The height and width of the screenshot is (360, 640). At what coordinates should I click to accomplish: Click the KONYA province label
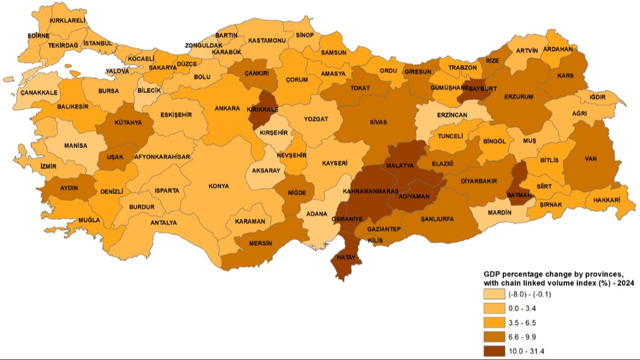point(219,186)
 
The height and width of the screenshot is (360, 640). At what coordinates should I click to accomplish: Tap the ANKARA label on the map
point(227,108)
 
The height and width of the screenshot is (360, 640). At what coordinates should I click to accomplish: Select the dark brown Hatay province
point(345,260)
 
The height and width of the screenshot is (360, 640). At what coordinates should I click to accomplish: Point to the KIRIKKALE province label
point(262,108)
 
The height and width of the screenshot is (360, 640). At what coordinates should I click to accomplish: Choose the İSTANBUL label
point(97,43)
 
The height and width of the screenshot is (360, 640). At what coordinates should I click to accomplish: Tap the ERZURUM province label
point(519,96)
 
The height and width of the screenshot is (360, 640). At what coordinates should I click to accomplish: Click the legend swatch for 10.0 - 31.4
point(494,350)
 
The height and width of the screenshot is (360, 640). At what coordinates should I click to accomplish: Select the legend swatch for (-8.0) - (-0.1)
point(494,294)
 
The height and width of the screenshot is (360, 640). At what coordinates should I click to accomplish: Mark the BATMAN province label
point(519,195)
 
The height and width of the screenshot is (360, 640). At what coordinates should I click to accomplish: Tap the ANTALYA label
point(163,222)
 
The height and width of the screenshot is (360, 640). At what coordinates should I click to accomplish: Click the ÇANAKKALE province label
point(39,92)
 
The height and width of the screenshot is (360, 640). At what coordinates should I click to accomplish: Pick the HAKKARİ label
point(606,200)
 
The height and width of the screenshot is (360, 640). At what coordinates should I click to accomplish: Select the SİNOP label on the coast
point(304,35)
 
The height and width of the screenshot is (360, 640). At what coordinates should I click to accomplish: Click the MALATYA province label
point(400,165)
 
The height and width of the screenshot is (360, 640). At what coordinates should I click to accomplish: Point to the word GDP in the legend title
point(492,274)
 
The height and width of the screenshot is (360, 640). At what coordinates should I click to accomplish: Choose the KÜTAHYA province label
point(128,122)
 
